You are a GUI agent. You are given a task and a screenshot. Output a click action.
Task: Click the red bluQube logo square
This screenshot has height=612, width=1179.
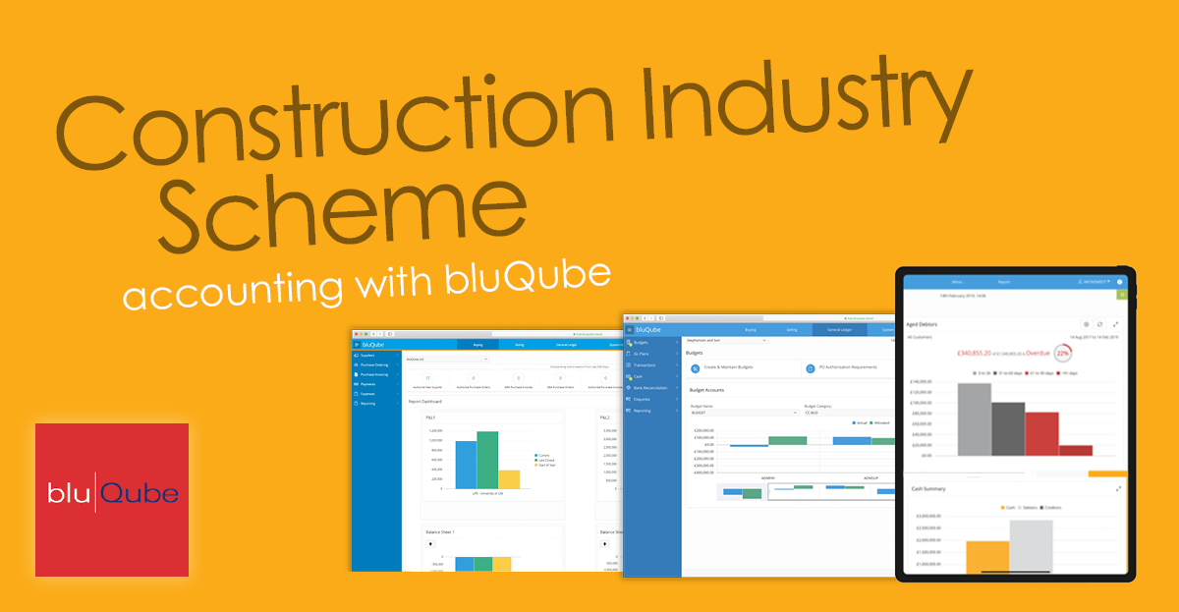pyautogui.click(x=112, y=500)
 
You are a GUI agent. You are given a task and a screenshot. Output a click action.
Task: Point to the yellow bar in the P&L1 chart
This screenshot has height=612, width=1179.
pyautogui.click(x=509, y=479)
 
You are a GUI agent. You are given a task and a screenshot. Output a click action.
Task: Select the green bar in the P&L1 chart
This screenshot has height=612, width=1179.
pyautogui.click(x=487, y=460)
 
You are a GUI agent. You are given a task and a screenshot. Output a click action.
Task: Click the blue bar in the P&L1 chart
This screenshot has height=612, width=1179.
pyautogui.click(x=466, y=465)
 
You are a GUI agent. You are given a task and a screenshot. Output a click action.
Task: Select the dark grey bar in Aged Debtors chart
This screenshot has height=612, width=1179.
pyautogui.click(x=1008, y=429)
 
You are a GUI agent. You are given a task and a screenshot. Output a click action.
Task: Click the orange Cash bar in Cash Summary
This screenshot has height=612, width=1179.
pyautogui.click(x=987, y=557)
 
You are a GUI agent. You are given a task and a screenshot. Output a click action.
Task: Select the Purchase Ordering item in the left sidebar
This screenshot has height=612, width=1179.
pyautogui.click(x=376, y=364)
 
